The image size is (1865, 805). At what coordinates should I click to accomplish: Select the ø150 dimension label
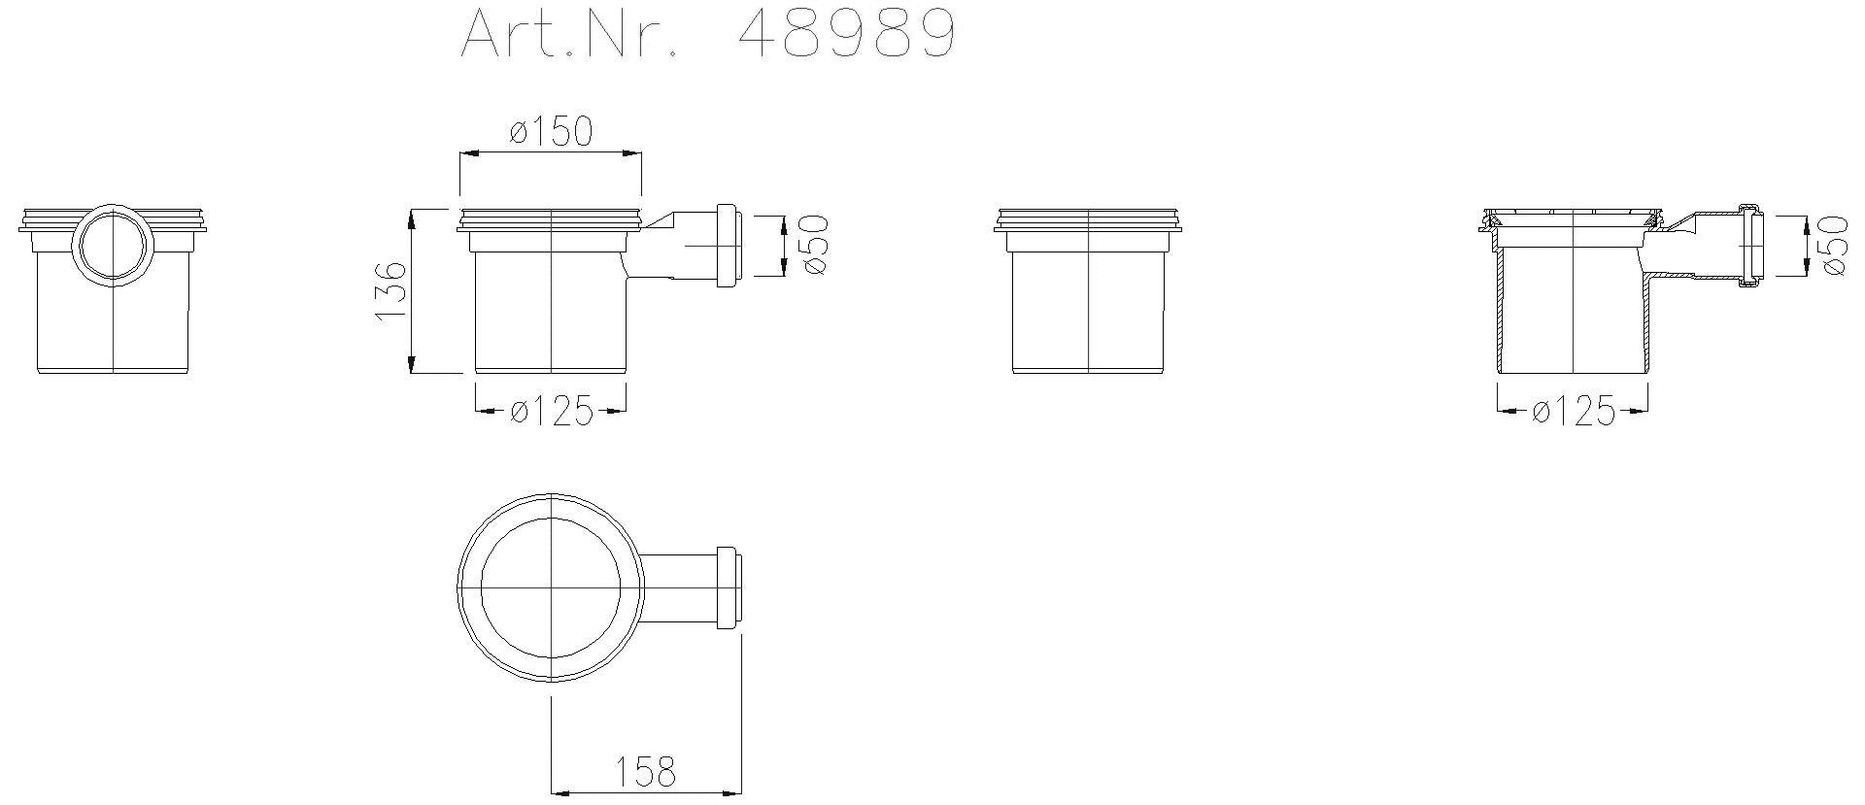550,131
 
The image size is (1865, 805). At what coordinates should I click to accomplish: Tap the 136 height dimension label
390,290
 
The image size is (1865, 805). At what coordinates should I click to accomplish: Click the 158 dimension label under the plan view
645,772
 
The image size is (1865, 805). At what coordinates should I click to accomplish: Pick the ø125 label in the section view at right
1573,413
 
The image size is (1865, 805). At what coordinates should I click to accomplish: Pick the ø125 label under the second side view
551,413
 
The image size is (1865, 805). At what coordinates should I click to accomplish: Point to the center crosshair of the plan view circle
551,587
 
